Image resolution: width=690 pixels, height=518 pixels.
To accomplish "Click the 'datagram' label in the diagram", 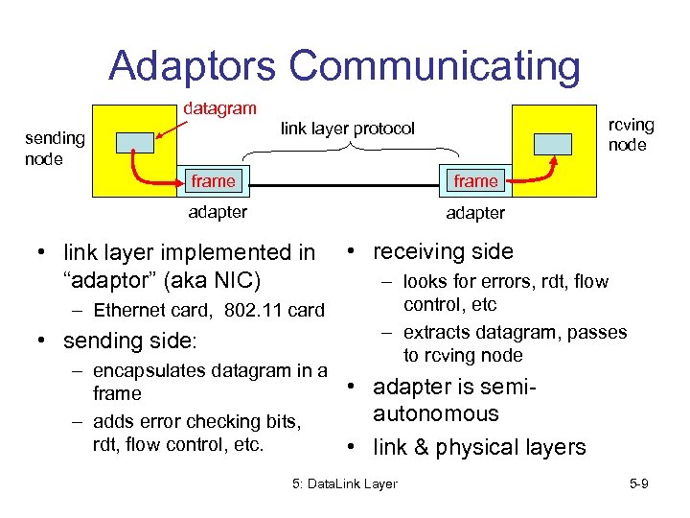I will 220,110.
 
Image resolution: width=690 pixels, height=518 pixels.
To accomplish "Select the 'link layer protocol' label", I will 347,129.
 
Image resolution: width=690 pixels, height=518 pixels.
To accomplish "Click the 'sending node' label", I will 55,149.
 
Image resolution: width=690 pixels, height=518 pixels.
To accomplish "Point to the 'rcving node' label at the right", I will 631,135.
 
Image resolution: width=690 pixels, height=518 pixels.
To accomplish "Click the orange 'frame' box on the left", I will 213,180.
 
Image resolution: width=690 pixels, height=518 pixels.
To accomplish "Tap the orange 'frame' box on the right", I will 476,180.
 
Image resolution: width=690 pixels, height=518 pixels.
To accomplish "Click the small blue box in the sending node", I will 134,142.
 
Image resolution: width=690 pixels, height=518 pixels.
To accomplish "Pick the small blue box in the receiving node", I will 553,142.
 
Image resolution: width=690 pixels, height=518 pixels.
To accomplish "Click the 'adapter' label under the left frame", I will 218,212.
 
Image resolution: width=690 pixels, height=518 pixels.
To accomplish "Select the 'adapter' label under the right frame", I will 475,212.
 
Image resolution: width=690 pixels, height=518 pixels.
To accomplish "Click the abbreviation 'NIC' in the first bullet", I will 240,281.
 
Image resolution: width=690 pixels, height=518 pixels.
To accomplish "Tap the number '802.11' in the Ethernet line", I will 257,310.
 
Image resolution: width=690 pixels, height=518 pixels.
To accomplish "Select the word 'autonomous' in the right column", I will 436,413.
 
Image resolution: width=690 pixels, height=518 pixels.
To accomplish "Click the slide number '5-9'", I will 639,483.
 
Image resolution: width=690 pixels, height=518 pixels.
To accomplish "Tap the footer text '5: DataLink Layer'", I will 345,483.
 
